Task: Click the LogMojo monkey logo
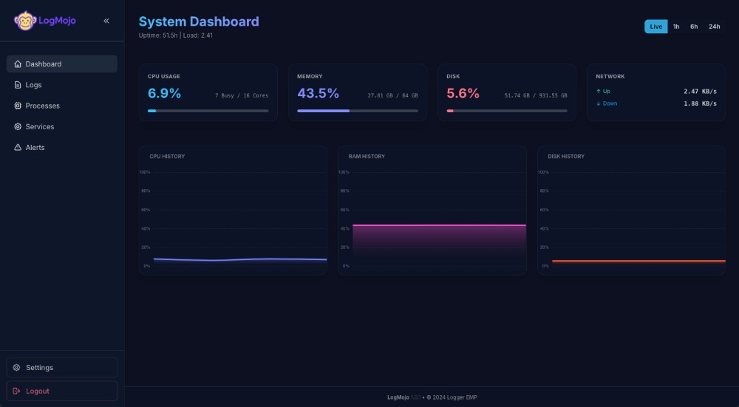coord(25,21)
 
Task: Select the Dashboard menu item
coord(62,64)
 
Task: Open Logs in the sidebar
coord(62,85)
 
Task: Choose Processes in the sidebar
coord(62,106)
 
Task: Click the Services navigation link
coord(62,126)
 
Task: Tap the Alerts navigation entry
coord(62,147)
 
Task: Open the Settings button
coord(62,367)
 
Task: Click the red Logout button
coord(62,391)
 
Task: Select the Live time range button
coord(655,27)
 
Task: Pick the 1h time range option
coord(676,27)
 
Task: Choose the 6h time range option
coord(694,27)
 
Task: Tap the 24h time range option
coord(714,27)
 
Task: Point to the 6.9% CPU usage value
coord(164,94)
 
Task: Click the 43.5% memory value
coord(318,94)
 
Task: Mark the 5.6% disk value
coord(463,94)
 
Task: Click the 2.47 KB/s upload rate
coord(700,92)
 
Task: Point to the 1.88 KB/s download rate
coord(700,103)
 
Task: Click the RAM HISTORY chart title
coord(367,157)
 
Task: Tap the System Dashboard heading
coord(199,21)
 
